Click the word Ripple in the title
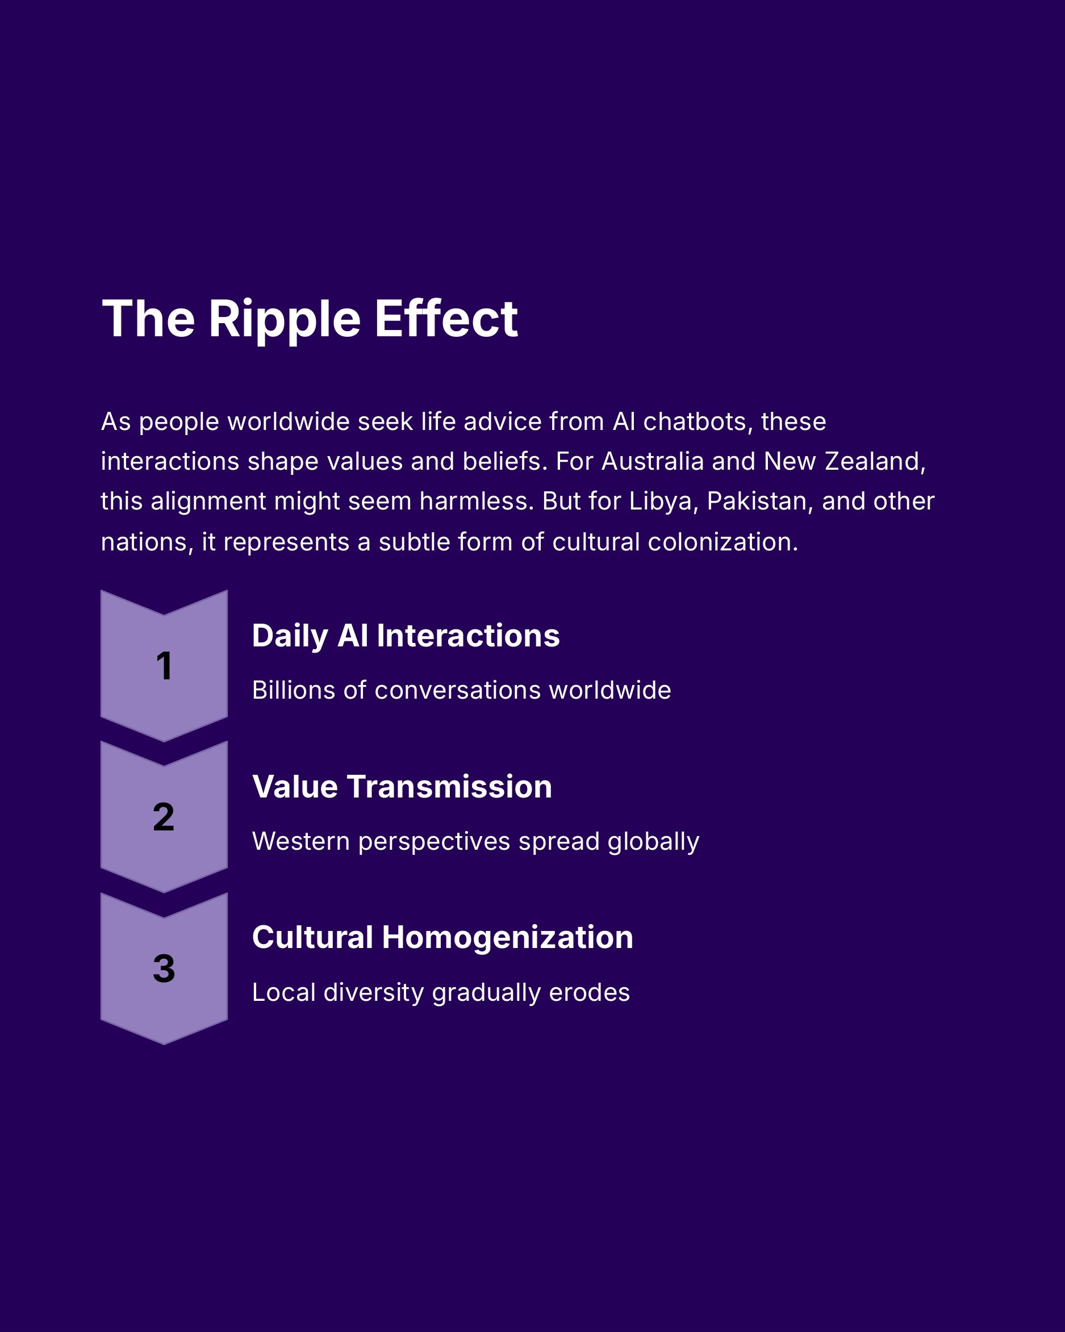coord(284,319)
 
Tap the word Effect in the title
coord(446,319)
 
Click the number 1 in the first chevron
coord(164,666)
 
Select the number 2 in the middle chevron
coord(164,817)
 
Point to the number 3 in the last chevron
coord(164,968)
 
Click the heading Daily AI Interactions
coord(405,636)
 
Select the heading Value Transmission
coord(402,787)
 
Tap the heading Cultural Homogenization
coord(442,937)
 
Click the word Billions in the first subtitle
coord(294,690)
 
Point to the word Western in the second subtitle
coord(301,841)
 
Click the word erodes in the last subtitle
coord(590,992)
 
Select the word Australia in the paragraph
coord(652,461)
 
